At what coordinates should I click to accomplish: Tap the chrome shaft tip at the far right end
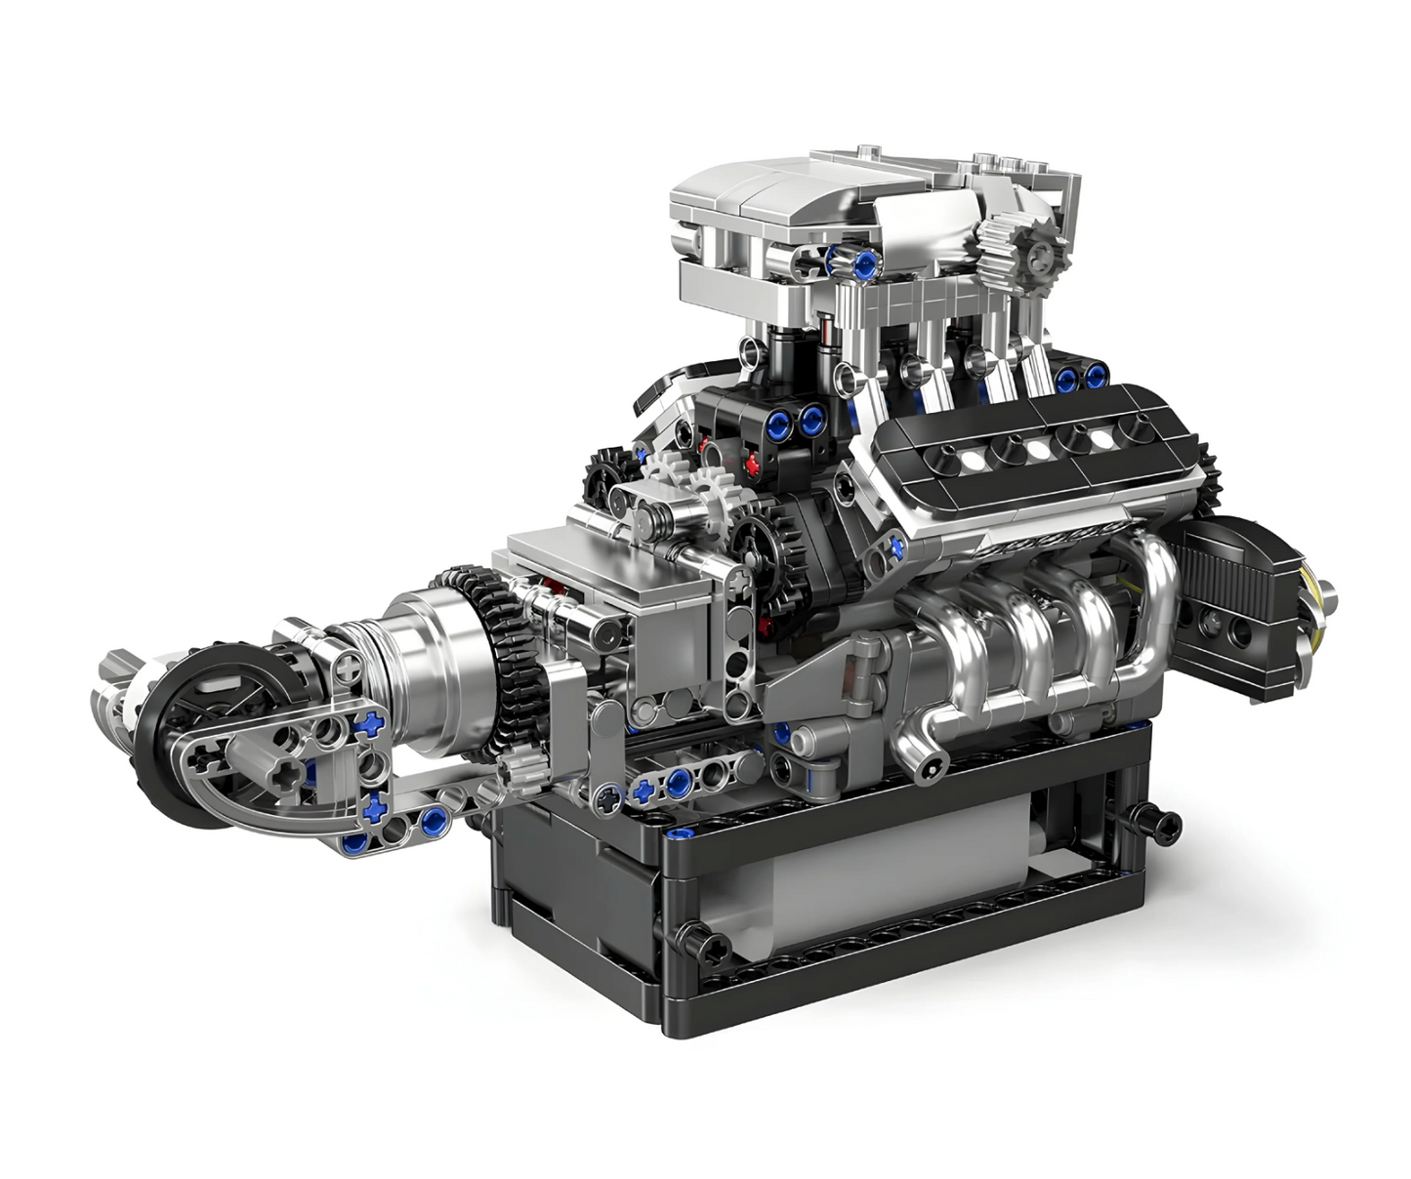tap(1326, 591)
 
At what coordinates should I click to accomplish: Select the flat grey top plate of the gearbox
tap(586, 551)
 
